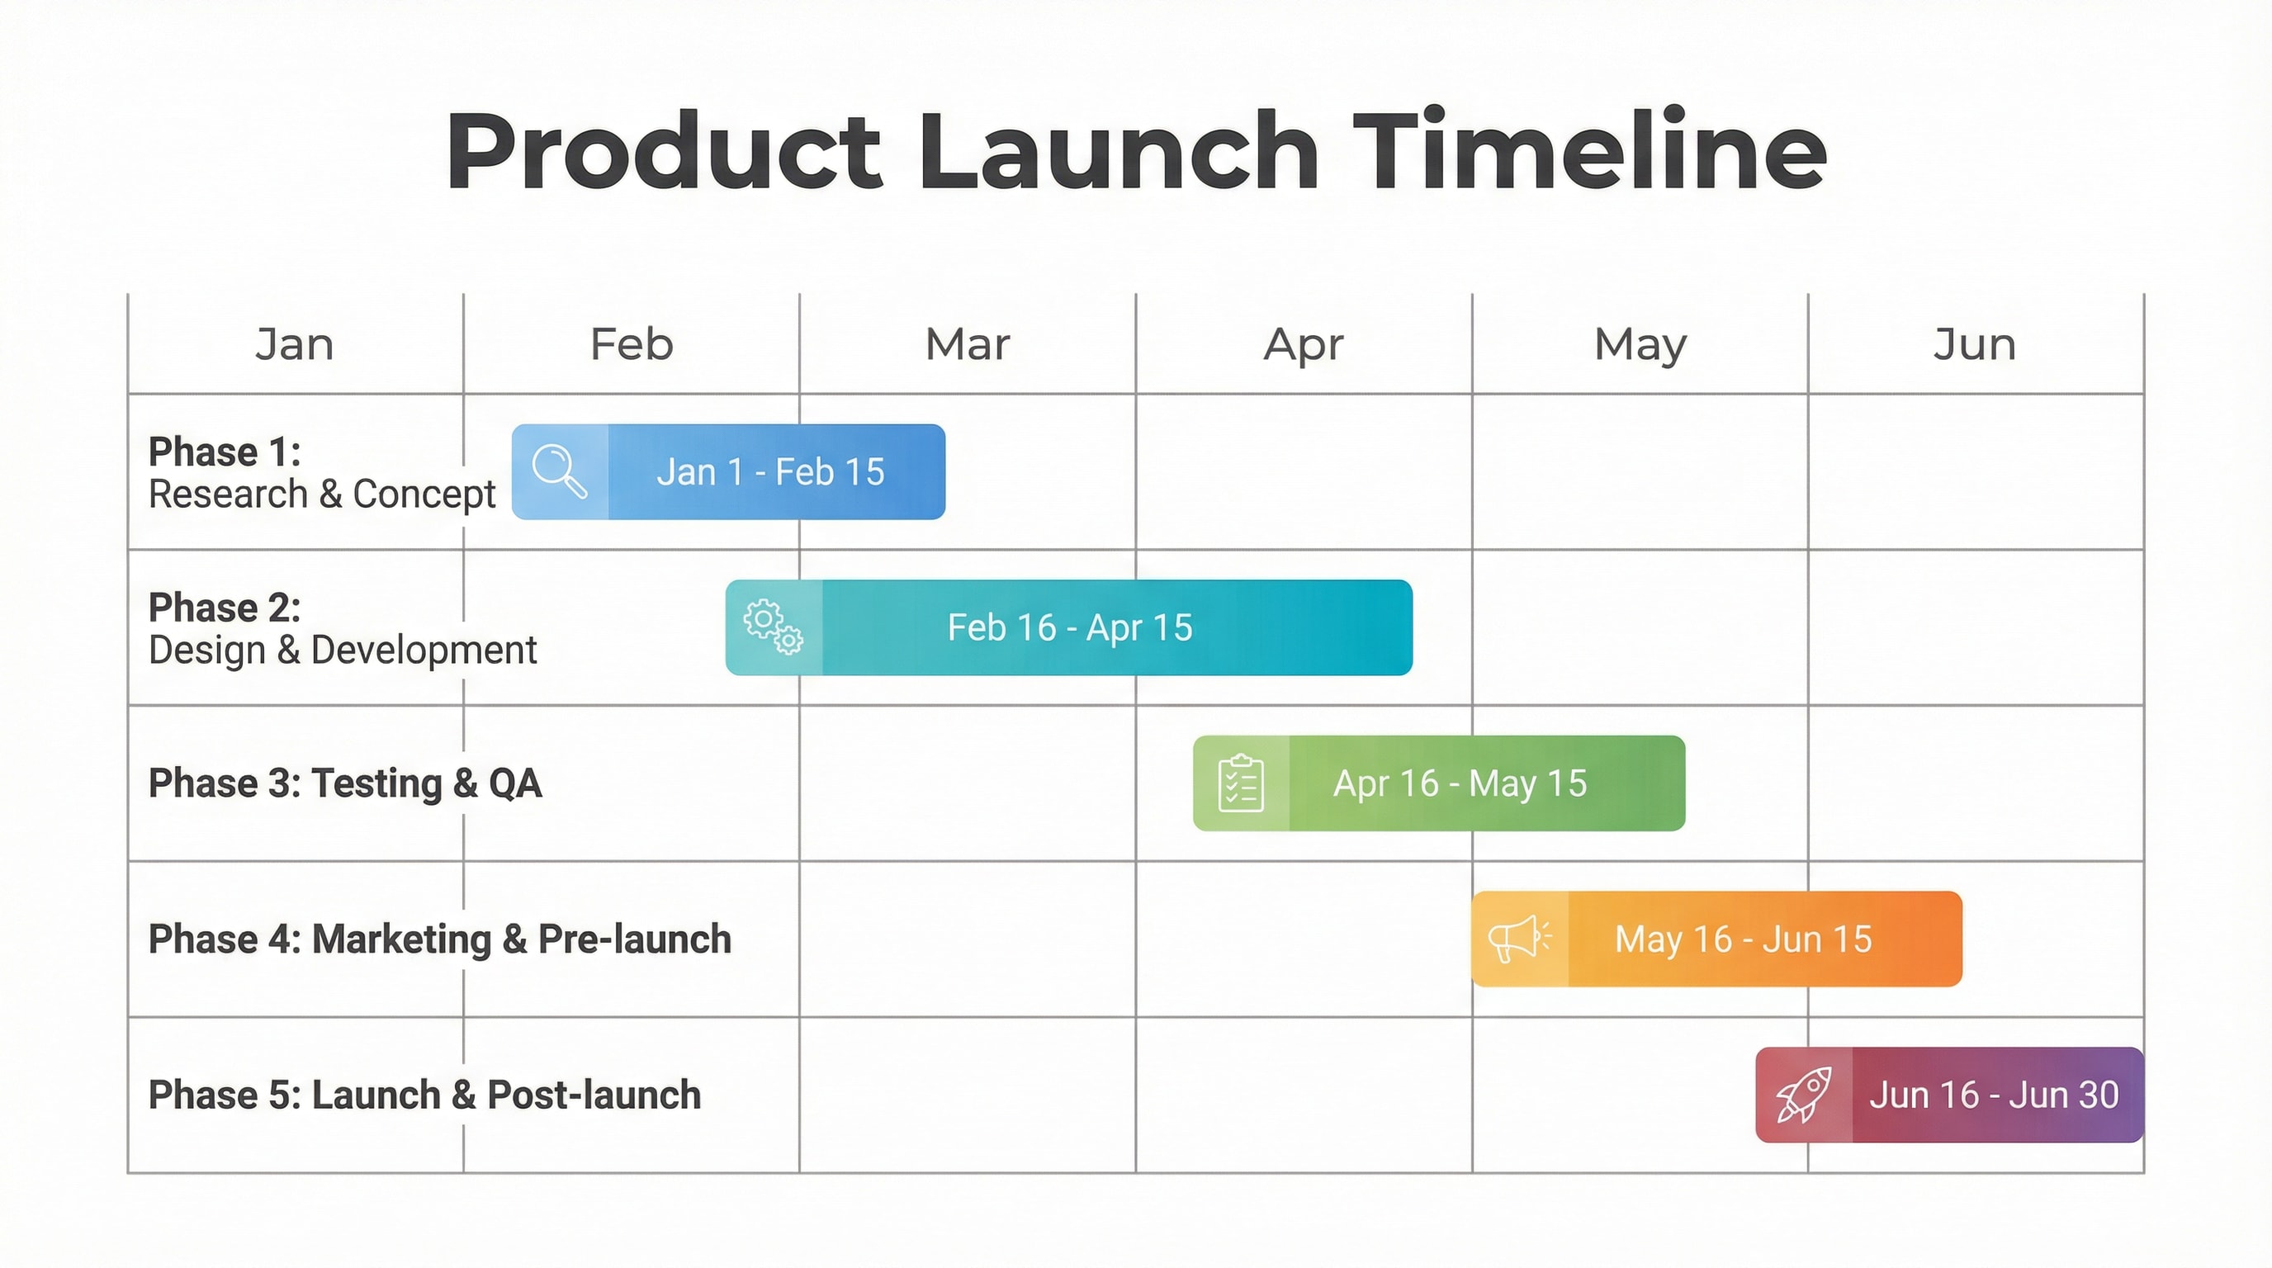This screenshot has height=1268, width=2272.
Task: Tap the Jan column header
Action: [x=295, y=343]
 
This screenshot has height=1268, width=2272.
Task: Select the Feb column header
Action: [x=632, y=343]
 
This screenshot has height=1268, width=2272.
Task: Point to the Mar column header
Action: [x=968, y=343]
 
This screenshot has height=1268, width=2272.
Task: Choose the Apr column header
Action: [x=1304, y=345]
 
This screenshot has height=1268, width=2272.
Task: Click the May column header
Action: [x=1640, y=345]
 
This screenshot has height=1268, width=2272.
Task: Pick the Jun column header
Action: [x=1975, y=343]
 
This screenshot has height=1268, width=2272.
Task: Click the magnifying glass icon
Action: [x=559, y=471]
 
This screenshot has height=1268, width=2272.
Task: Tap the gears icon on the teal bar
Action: [x=774, y=627]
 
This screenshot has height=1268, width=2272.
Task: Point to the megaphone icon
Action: [x=1520, y=939]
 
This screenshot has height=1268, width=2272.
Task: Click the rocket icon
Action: [x=1805, y=1095]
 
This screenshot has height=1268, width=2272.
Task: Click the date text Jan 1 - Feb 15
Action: [x=770, y=471]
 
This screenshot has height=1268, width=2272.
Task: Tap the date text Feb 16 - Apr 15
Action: [x=1070, y=628]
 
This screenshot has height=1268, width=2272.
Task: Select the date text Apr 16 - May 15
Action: [x=1460, y=783]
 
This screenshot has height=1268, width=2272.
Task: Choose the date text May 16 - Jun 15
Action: [x=1743, y=939]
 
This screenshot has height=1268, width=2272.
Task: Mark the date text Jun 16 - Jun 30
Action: [x=1993, y=1095]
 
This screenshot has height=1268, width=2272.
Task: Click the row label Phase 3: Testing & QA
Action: [x=345, y=783]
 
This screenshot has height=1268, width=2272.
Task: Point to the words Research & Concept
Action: [x=322, y=494]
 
